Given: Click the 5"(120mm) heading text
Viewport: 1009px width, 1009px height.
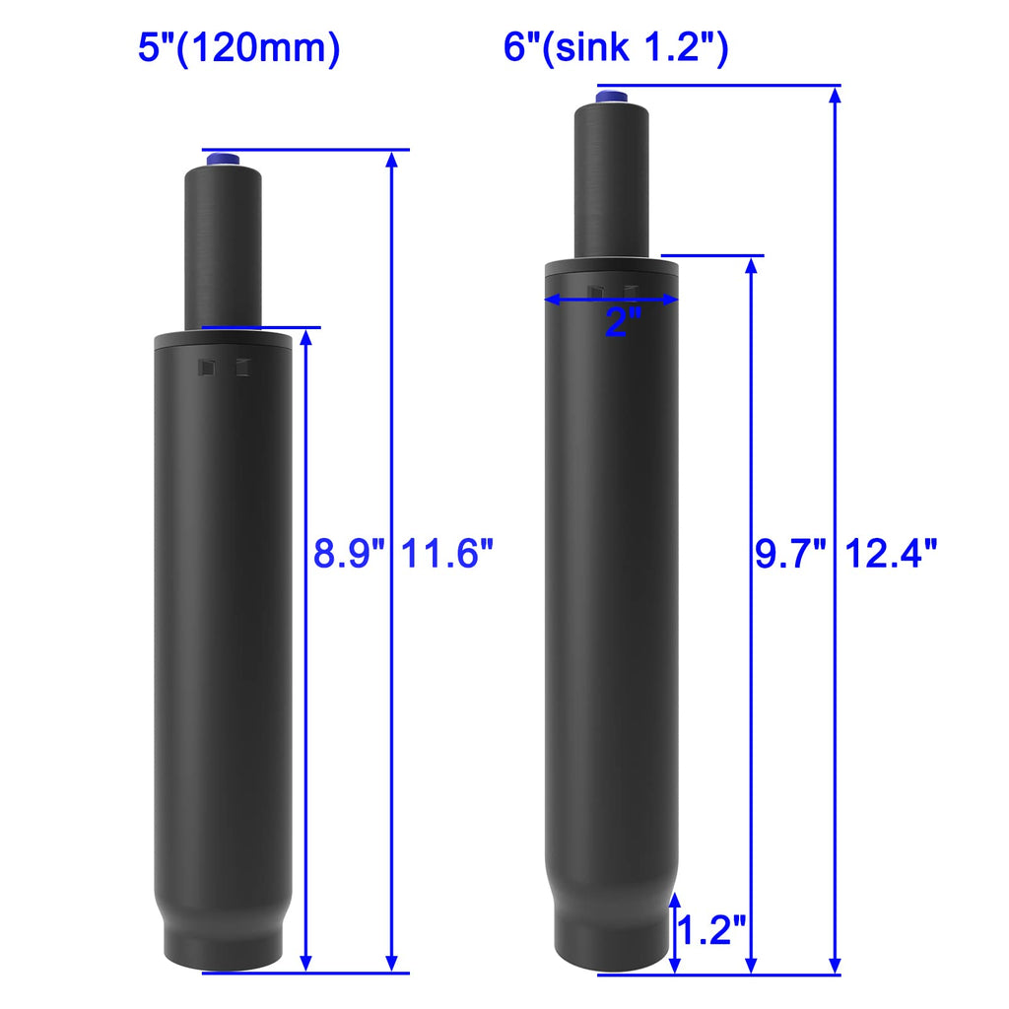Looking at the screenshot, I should [x=238, y=48].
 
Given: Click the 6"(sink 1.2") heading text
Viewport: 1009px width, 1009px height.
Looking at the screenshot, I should [x=616, y=48].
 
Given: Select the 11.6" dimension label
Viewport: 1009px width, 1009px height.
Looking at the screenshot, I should [x=446, y=555].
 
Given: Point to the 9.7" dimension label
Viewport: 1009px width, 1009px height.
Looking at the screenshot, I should [x=789, y=555].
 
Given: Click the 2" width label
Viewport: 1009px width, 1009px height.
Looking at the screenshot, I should [x=623, y=323].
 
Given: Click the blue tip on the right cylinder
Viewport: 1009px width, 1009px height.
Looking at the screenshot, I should [x=612, y=96].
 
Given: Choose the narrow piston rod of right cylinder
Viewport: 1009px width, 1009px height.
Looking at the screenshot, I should [x=612, y=177].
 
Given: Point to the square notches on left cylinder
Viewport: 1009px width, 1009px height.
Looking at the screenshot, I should [x=224, y=368].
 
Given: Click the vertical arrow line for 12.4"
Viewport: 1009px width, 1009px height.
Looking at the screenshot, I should [x=836, y=394].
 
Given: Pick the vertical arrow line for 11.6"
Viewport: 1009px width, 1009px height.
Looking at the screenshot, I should [x=392, y=739].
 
